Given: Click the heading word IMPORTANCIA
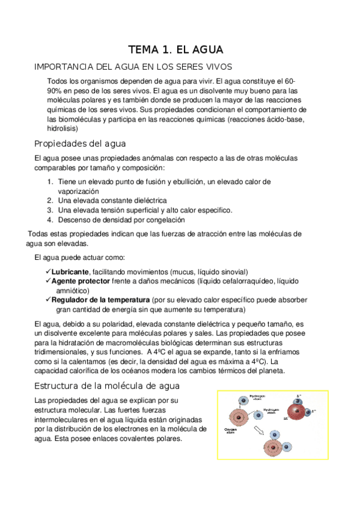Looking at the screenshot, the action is click(x=65, y=67).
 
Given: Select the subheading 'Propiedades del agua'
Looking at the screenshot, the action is click(x=79, y=144).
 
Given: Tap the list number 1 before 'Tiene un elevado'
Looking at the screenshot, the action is click(x=49, y=181).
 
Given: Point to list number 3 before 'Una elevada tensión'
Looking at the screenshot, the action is click(x=50, y=210).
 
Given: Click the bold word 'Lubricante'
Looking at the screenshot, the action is click(x=70, y=272).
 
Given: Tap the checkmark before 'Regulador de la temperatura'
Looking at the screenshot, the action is click(x=48, y=299).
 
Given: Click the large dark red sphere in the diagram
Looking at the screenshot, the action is click(x=296, y=412).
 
